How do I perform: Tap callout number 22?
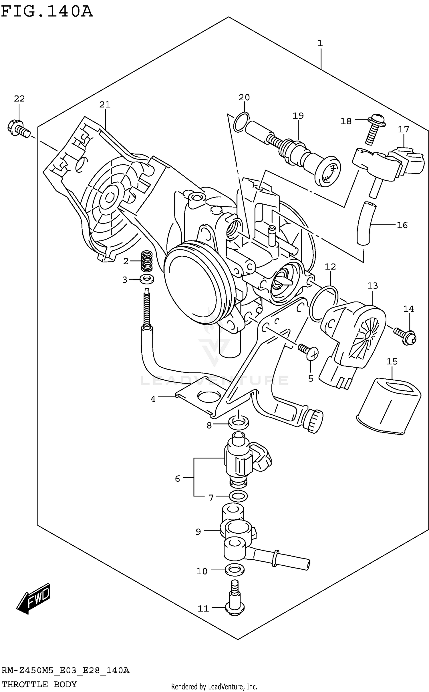click(x=19, y=99)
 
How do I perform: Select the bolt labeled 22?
click(x=18, y=129)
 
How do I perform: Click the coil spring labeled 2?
click(x=147, y=260)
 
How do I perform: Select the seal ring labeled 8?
click(x=239, y=422)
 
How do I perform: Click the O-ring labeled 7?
click(x=238, y=496)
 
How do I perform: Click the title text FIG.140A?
click(x=47, y=11)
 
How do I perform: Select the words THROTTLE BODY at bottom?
click(x=39, y=684)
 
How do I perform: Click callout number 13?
click(x=372, y=285)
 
